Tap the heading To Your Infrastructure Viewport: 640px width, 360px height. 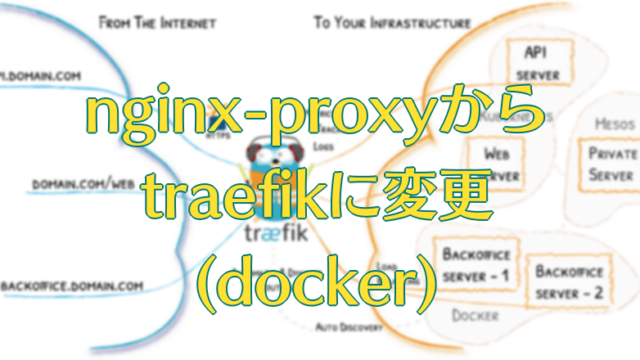point(379,20)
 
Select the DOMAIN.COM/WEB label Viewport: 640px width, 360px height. point(83,184)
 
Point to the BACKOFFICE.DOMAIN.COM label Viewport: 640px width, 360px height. point(72,286)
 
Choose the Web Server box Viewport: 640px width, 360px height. point(498,164)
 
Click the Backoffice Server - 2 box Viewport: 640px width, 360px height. point(568,282)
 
